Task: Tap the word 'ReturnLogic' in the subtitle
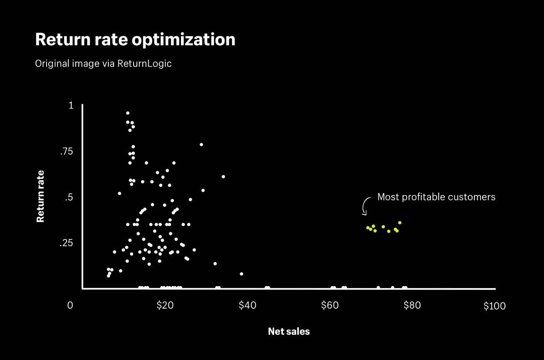pos(144,64)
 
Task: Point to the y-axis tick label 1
pos(71,105)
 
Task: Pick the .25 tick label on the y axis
pos(67,243)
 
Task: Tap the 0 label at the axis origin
pos(70,306)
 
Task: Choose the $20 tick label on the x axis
pos(165,306)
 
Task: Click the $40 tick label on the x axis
pos(247,306)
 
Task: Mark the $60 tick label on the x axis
pos(329,306)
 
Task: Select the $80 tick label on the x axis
pos(412,306)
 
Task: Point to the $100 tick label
pos(495,306)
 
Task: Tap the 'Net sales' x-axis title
pos(289,332)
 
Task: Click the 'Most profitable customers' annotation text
pos(436,197)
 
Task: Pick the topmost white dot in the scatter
pos(128,113)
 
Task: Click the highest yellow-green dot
pos(400,223)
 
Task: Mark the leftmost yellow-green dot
pos(368,228)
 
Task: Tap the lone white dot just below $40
pos(242,274)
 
